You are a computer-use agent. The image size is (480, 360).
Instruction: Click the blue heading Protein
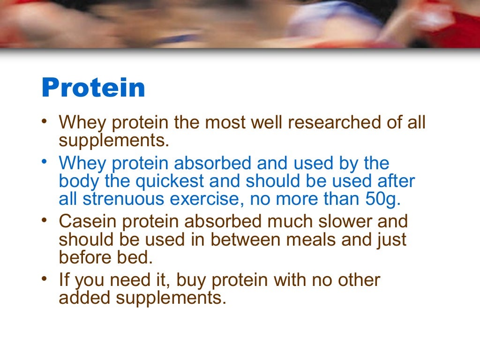[x=93, y=88]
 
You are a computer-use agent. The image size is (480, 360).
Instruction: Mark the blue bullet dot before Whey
[x=44, y=161]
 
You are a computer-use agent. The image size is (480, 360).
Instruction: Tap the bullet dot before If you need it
[x=44, y=278]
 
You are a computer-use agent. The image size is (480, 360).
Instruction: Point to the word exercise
[x=209, y=199]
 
